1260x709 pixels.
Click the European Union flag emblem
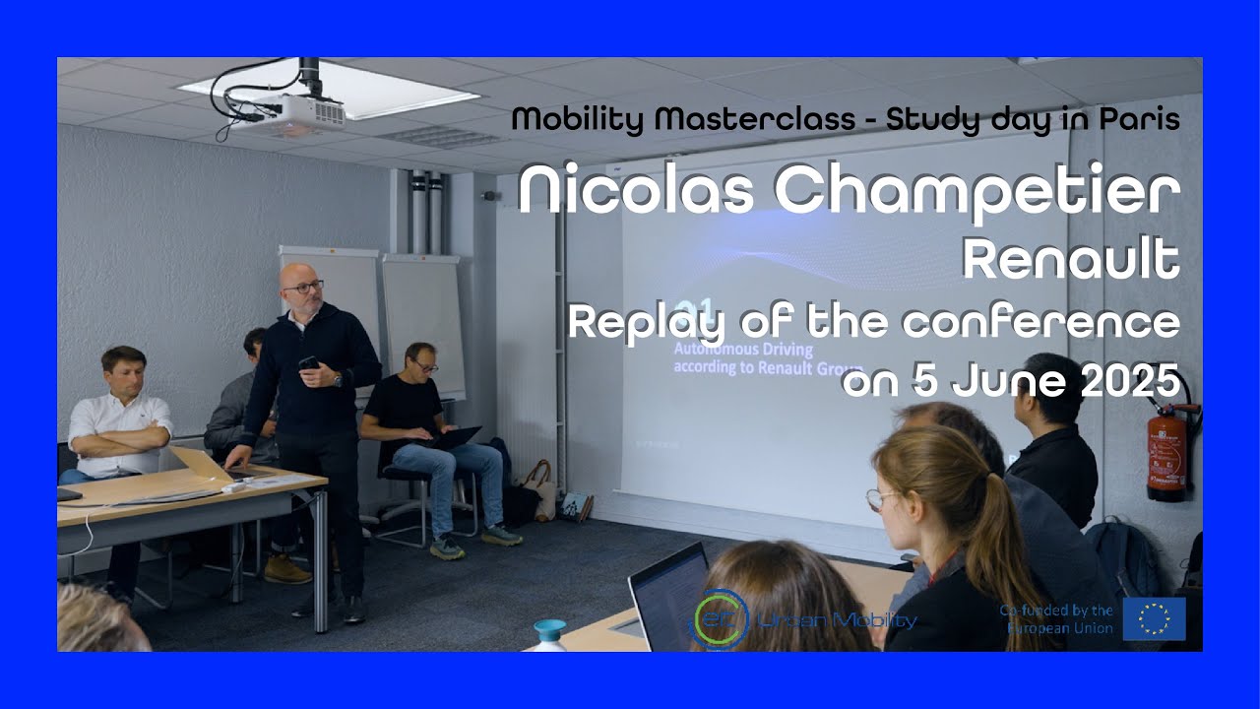pos(1154,618)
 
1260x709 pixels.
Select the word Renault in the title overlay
pos(1071,260)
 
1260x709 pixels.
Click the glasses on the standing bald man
pos(303,287)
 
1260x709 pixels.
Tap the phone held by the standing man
pos(308,362)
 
